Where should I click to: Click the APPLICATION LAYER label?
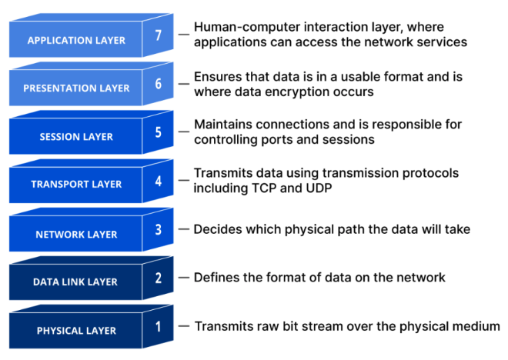[x=76, y=41]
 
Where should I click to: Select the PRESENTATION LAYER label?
[x=76, y=88]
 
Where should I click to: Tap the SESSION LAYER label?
[x=76, y=137]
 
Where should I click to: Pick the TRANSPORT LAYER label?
[x=76, y=184]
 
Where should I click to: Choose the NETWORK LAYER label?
[x=76, y=235]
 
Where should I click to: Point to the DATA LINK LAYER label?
[x=75, y=282]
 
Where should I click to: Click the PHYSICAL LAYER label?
[x=76, y=331]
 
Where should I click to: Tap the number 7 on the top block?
[x=158, y=35]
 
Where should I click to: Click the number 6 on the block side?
[x=158, y=84]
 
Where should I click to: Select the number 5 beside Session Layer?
[x=158, y=132]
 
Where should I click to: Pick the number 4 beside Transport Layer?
[x=158, y=181]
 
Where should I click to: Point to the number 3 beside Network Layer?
[x=158, y=229]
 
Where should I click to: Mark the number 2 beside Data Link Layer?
[x=158, y=278]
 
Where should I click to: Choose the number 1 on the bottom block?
[x=158, y=327]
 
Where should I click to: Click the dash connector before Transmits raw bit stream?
[x=184, y=326]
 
